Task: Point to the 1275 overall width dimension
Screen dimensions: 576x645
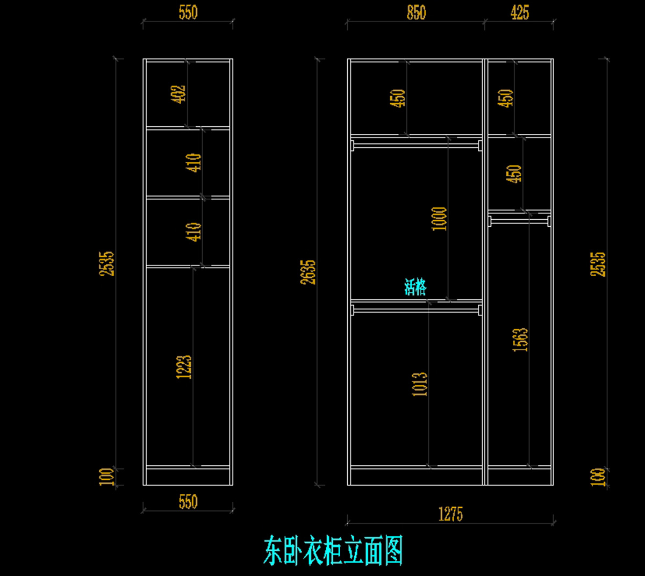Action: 450,514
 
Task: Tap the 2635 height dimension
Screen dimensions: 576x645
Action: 309,272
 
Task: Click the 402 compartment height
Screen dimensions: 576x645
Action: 178,94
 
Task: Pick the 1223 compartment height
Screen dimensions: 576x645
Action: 184,367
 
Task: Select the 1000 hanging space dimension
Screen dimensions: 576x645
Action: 440,219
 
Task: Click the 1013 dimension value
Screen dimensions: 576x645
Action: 420,384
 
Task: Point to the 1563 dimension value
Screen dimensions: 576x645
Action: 520,340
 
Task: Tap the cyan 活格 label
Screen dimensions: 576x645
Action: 415,287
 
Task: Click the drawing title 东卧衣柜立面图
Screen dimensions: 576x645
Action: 333,551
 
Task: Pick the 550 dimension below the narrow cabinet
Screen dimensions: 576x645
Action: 188,502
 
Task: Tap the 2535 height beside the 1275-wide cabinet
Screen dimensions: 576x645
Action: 598,264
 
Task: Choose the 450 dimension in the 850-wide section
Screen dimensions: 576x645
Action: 398,98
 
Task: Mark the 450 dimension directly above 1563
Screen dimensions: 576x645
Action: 514,174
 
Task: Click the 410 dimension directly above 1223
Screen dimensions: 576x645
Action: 195,232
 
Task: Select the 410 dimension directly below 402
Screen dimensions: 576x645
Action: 195,162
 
